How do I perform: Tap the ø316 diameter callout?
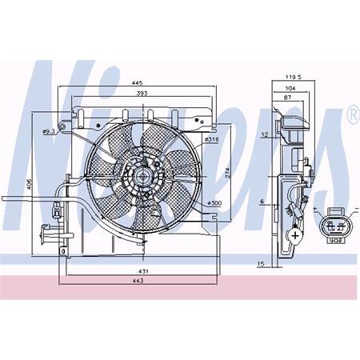coord(212,141)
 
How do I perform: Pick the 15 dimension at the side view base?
coord(260,263)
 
